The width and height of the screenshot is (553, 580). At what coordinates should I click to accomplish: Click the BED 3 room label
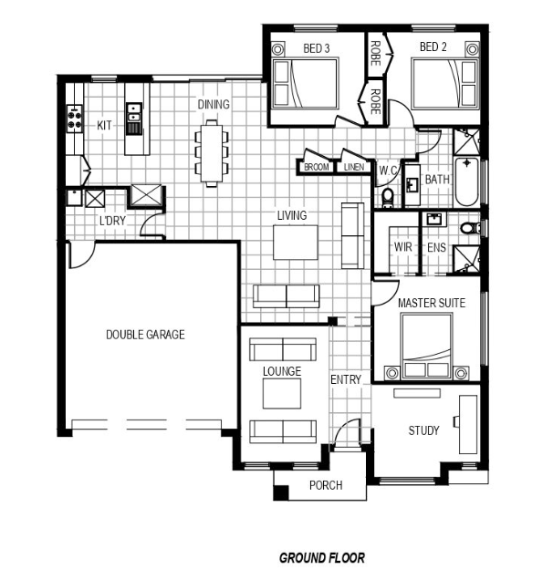(x=316, y=48)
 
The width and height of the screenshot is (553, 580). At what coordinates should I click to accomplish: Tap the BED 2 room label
(x=433, y=47)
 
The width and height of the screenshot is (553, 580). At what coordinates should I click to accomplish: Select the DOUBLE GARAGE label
(x=145, y=335)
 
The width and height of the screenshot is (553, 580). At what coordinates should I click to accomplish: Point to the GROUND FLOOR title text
(x=322, y=558)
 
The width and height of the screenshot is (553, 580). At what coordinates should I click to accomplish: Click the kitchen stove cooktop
(x=75, y=119)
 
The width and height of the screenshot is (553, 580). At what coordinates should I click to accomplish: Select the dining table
(x=212, y=153)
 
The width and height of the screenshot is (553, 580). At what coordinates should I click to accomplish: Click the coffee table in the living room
(x=296, y=243)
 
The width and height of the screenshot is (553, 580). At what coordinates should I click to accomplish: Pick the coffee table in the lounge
(x=282, y=393)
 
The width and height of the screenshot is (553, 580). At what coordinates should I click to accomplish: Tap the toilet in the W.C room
(x=388, y=197)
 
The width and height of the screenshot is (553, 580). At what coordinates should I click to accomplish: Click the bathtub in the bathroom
(x=466, y=181)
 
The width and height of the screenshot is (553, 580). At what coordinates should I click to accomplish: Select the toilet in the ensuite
(x=470, y=228)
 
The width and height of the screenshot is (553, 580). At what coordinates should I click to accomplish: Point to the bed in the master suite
(x=427, y=347)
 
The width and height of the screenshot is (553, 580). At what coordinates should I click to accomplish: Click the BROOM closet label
(x=316, y=167)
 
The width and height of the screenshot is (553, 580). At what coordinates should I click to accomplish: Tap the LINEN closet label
(x=354, y=167)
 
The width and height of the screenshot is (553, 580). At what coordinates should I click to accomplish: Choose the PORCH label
(x=326, y=485)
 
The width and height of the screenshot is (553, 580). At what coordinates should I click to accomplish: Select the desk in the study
(x=468, y=424)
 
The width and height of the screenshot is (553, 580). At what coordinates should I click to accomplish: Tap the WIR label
(x=402, y=247)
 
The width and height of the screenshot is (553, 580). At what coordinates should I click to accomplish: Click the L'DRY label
(x=112, y=221)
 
